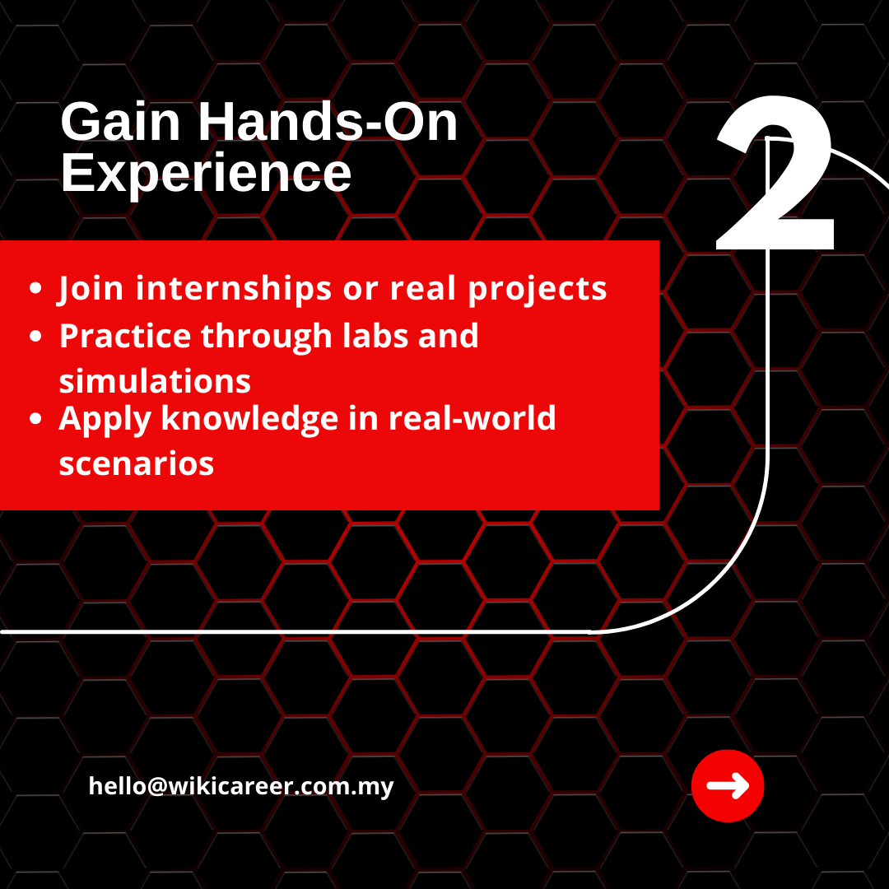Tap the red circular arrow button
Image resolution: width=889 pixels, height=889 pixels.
click(728, 786)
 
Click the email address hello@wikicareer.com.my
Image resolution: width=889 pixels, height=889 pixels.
click(241, 787)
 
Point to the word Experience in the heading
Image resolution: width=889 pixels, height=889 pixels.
click(206, 173)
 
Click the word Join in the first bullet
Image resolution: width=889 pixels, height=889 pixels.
click(91, 289)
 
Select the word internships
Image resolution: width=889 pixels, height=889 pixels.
click(233, 288)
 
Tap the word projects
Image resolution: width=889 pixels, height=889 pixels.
click(537, 289)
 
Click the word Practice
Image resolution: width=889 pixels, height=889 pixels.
click(125, 336)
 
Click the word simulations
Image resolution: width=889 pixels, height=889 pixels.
click(155, 381)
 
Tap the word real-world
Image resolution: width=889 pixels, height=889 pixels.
click(472, 418)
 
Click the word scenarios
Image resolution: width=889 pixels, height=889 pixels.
click(136, 464)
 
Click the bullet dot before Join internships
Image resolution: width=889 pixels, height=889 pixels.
click(35, 288)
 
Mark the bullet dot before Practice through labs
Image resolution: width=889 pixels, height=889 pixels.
click(35, 336)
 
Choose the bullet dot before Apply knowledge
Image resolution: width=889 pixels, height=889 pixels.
click(35, 418)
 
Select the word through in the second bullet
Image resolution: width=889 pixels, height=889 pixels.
click(267, 337)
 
